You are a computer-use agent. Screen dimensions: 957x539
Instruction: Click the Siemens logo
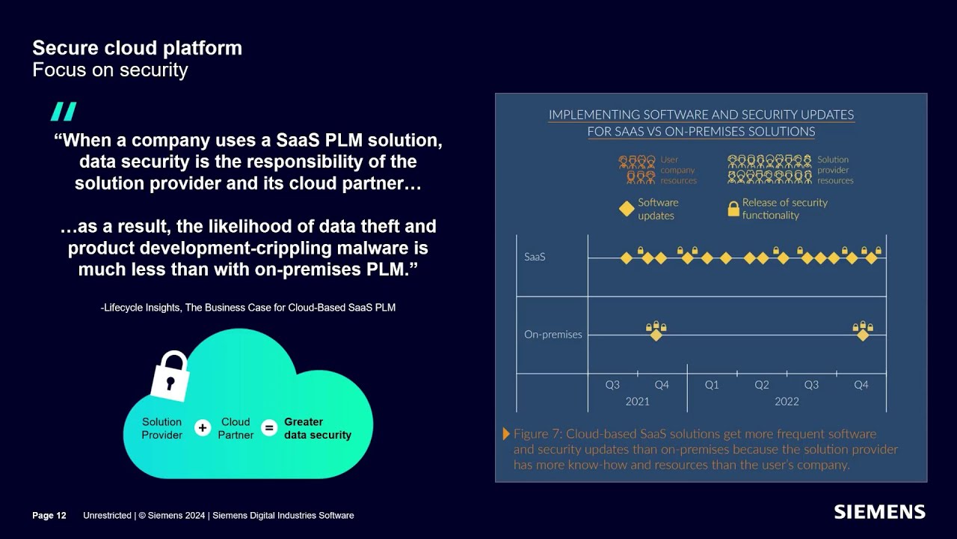[880, 512]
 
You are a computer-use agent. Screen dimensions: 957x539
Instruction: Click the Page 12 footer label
[49, 516]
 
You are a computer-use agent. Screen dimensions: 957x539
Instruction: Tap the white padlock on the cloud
[170, 376]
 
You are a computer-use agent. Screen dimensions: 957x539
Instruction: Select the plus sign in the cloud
[203, 428]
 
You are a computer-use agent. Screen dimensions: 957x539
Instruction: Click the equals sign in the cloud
[269, 428]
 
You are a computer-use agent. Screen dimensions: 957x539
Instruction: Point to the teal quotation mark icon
[64, 112]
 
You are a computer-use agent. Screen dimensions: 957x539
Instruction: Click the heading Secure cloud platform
[137, 48]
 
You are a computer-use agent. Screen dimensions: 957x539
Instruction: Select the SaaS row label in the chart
[535, 257]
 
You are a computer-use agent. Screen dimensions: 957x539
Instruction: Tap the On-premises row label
[553, 334]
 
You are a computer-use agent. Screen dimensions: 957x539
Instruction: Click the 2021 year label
[637, 401]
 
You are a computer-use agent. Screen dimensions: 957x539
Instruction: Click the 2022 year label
[787, 401]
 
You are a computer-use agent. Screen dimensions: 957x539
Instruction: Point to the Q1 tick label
[712, 385]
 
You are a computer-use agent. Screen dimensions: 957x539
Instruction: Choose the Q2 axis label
[762, 385]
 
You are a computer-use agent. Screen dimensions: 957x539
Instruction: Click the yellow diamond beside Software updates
[627, 209]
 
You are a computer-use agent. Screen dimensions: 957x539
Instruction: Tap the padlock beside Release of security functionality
[733, 209]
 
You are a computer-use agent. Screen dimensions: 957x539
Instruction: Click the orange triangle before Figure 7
[506, 433]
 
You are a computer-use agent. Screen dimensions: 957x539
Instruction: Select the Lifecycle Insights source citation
[247, 308]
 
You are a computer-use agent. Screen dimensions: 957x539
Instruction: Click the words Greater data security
[318, 428]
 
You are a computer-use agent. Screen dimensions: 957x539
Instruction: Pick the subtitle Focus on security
[110, 70]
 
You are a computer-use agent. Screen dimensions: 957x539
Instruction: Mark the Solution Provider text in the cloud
[162, 428]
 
